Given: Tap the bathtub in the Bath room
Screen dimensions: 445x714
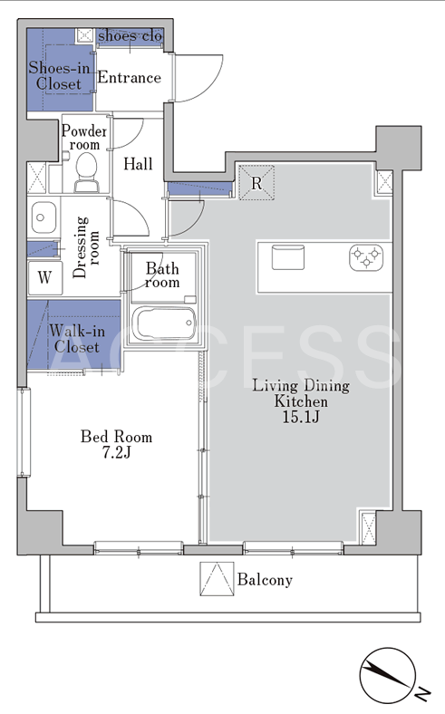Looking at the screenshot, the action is pyautogui.click(x=163, y=323).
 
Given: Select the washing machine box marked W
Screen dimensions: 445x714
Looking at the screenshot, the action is pyautogui.click(x=44, y=277).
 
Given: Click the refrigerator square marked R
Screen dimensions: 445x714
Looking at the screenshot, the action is pyautogui.click(x=256, y=183).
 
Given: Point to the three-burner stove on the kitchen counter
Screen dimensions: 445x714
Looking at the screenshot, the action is pyautogui.click(x=366, y=257).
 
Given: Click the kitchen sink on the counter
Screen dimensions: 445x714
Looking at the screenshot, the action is pyautogui.click(x=288, y=257).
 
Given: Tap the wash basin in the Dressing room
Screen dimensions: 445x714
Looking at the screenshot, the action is pyautogui.click(x=44, y=217).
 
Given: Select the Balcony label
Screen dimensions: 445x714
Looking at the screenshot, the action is pyautogui.click(x=265, y=580).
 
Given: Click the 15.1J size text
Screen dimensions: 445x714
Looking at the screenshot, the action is pyautogui.click(x=301, y=417).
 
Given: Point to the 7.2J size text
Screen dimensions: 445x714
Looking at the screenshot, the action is pyautogui.click(x=116, y=453).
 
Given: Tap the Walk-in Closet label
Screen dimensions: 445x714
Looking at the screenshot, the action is pyautogui.click(x=76, y=339).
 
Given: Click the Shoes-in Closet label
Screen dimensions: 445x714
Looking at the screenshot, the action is pyautogui.click(x=59, y=75).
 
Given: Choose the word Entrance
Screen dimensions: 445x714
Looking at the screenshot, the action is pyautogui.click(x=130, y=77).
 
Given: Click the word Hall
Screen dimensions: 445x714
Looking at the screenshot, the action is pyautogui.click(x=138, y=164).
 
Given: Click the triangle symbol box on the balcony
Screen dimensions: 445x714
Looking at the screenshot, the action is pyautogui.click(x=217, y=579).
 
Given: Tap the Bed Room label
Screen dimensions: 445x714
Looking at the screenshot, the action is pyautogui.click(x=116, y=437).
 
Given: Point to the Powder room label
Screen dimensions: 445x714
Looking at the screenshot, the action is pyautogui.click(x=84, y=138).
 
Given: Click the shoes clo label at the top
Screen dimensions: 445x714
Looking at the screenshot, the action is pyautogui.click(x=131, y=35).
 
